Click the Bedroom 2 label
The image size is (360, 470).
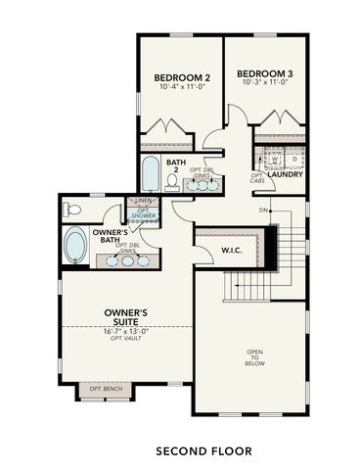pos(183,77)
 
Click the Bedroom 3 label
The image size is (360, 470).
pos(265,73)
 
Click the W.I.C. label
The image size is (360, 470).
pos(232,250)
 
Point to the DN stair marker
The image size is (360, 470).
pos(263,211)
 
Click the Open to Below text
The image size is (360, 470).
pos(254,358)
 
